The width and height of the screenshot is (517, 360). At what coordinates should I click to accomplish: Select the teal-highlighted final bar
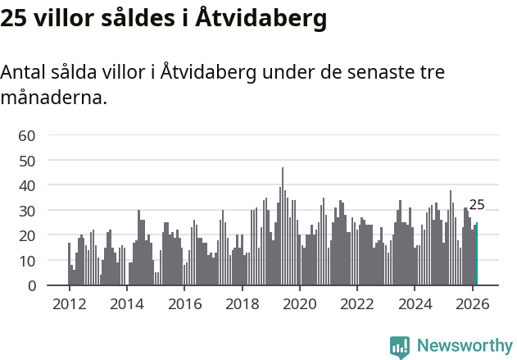(x=477, y=254)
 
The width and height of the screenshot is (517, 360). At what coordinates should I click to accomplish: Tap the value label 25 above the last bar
(x=477, y=205)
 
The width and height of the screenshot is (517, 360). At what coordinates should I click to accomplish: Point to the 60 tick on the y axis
(x=27, y=135)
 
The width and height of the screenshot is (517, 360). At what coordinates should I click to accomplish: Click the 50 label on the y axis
(x=27, y=161)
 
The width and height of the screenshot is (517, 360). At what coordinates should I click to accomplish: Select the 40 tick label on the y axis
(x=27, y=186)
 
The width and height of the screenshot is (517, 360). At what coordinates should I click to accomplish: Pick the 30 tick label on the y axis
(x=27, y=211)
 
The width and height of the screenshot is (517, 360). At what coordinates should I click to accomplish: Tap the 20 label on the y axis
(x=27, y=236)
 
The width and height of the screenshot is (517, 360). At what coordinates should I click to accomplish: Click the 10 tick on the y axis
(x=27, y=261)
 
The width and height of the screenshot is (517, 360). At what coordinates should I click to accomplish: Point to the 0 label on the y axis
(x=31, y=286)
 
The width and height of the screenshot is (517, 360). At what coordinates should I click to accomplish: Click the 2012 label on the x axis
(x=69, y=303)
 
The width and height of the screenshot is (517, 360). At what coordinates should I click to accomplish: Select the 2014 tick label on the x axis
(x=126, y=303)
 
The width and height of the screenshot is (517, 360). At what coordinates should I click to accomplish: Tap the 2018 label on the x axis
(x=242, y=303)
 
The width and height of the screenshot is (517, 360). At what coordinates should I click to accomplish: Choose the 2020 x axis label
(x=299, y=303)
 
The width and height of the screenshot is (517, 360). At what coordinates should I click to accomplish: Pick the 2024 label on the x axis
(x=415, y=303)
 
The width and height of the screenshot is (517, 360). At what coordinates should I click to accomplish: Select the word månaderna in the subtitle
(x=53, y=98)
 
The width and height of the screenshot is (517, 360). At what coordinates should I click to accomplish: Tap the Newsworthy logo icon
(x=400, y=347)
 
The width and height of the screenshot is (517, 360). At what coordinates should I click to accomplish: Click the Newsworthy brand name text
(x=464, y=346)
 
